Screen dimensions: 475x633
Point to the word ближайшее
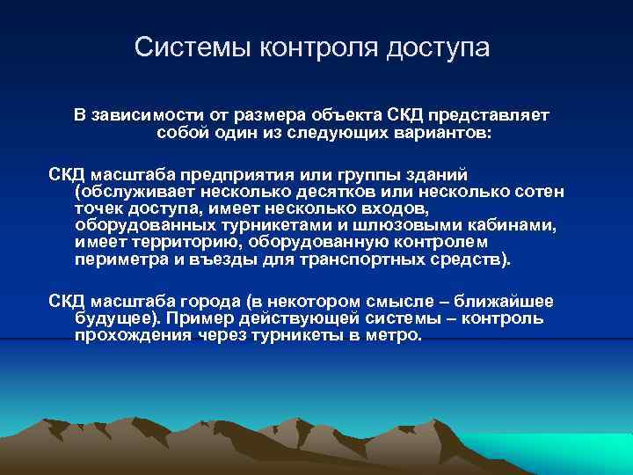tap(505, 301)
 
